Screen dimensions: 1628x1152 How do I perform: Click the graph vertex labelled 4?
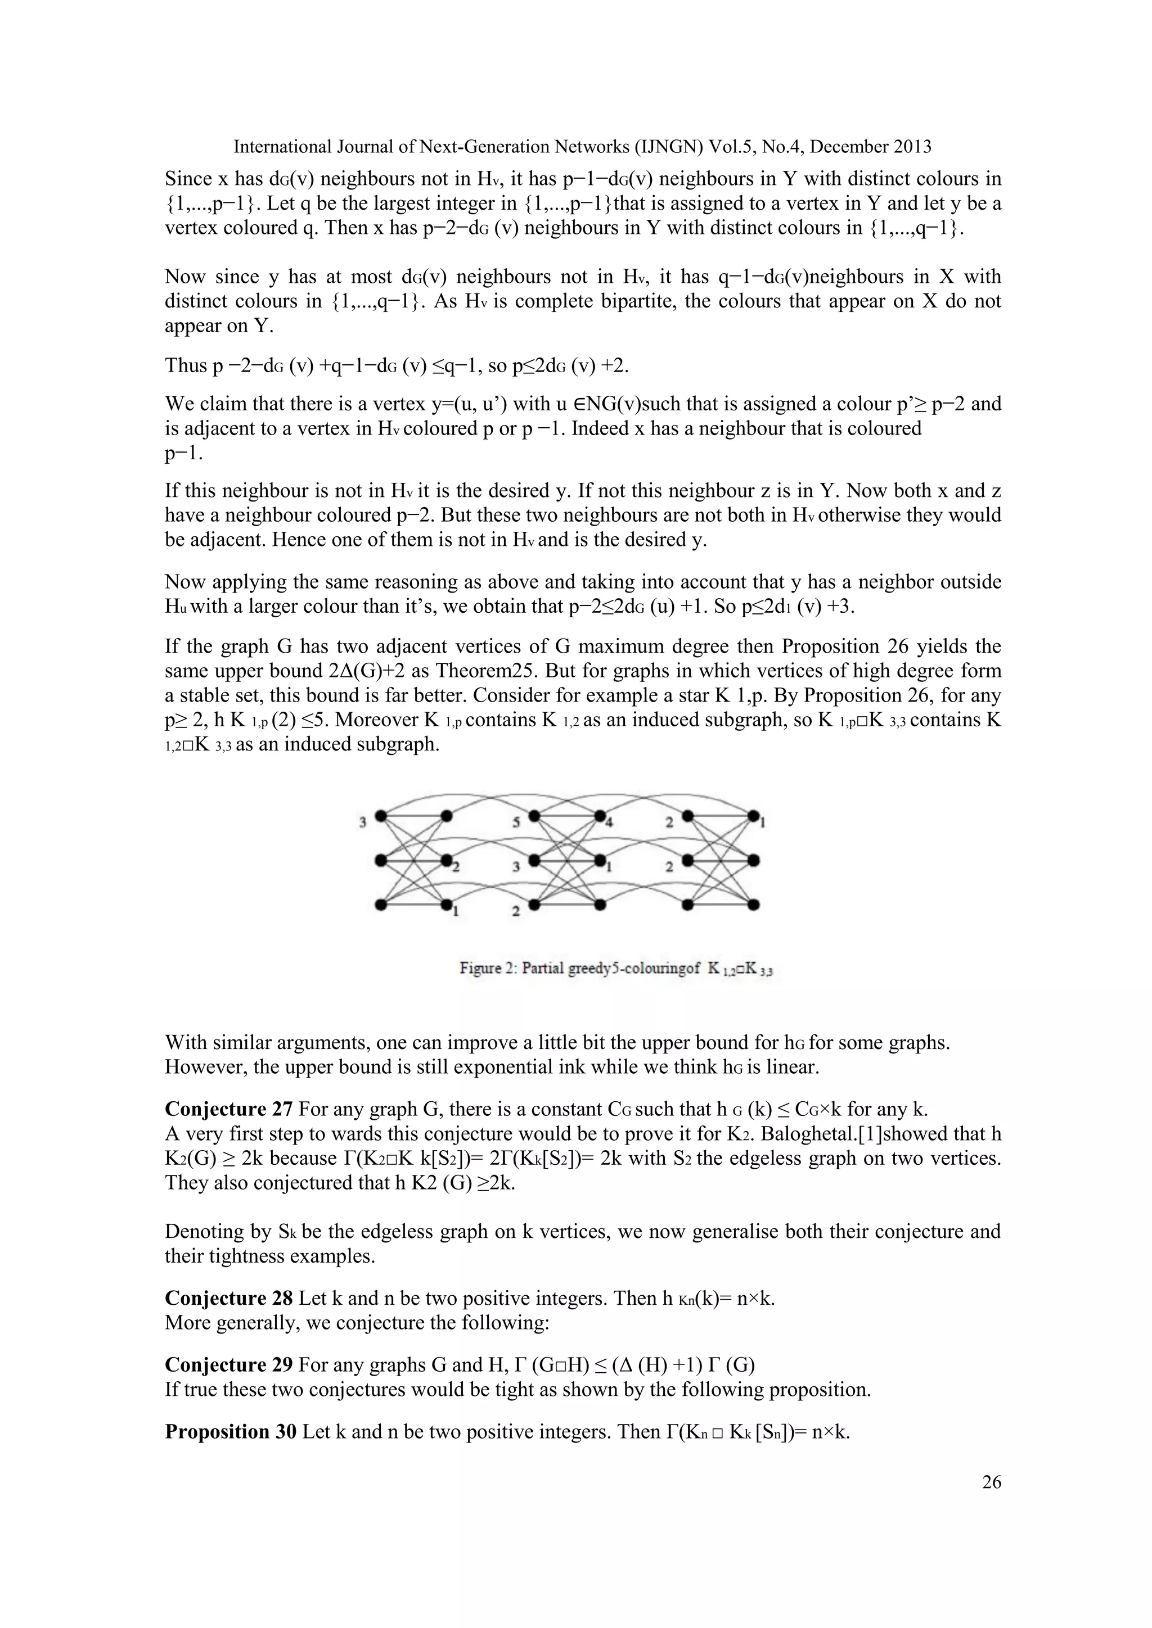(601, 816)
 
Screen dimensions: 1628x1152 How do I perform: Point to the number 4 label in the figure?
(609, 824)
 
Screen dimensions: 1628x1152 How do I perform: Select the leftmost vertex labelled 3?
(381, 816)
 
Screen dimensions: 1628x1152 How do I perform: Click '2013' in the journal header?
(910, 147)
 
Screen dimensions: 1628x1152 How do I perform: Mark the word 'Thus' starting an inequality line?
(184, 365)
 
